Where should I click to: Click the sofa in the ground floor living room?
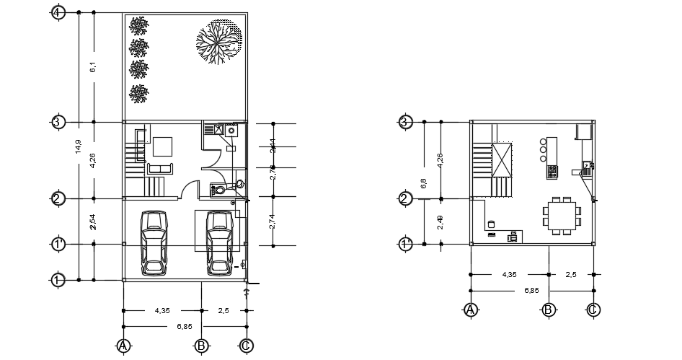click(x=161, y=169)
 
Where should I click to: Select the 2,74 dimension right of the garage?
click(x=272, y=221)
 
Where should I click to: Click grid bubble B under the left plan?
click(x=201, y=346)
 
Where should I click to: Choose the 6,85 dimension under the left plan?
click(x=184, y=326)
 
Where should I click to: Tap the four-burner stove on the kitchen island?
click(x=552, y=172)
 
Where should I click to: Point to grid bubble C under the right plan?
click(x=593, y=310)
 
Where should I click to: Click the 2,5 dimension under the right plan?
click(x=571, y=275)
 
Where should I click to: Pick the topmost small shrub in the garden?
click(x=138, y=26)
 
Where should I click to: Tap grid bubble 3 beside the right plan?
click(x=406, y=121)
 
